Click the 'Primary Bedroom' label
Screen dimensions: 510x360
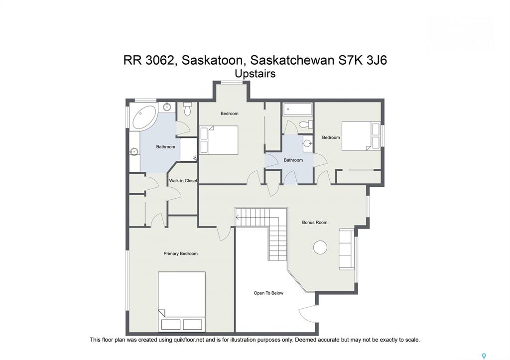[x=180, y=253]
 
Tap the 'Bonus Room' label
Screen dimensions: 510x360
[x=315, y=223]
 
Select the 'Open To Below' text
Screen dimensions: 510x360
[x=268, y=293]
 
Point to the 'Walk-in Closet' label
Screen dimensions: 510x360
[x=183, y=180]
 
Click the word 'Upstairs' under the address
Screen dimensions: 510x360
[x=255, y=74]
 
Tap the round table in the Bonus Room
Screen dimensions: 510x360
[x=320, y=247]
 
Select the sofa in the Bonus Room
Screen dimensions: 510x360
[x=347, y=249]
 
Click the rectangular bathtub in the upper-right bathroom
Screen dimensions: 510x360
[x=298, y=109]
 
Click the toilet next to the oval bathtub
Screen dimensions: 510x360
[x=187, y=110]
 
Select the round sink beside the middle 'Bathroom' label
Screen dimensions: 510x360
[x=307, y=143]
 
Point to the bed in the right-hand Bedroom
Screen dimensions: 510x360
[x=361, y=136]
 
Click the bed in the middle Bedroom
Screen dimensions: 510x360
[x=219, y=140]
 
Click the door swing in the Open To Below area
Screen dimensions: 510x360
[x=308, y=314]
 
